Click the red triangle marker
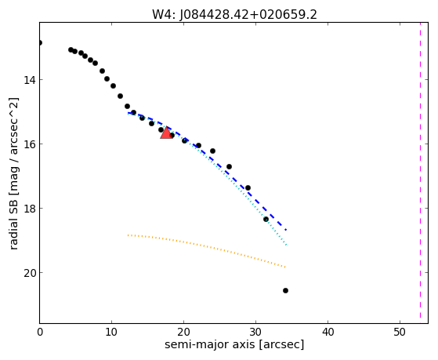[166, 133]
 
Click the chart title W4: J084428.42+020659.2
[234, 15]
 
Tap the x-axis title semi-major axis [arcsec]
[234, 344]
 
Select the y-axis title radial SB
[13, 223]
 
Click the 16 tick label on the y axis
[29, 144]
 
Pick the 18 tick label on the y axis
[29, 209]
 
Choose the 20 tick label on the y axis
[29, 273]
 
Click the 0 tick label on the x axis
[40, 333]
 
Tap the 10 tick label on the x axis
[111, 333]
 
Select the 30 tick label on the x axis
[255, 333]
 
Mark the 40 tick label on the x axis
[328, 333]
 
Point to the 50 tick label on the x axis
[400, 333]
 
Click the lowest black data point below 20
[285, 291]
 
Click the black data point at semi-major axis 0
[40, 43]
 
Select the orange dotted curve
[206, 247]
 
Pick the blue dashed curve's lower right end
[286, 230]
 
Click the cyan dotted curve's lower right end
[286, 245]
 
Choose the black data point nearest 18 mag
[266, 219]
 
